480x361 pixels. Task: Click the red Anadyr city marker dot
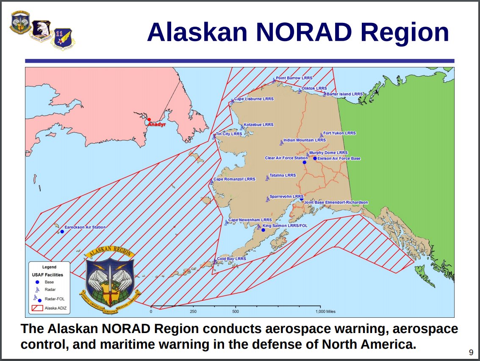[x=149, y=119]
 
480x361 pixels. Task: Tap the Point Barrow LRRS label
[x=294, y=78]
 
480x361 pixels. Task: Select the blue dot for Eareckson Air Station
[x=62, y=231]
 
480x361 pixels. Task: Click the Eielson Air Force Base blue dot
[x=315, y=158]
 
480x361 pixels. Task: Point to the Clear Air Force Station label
[x=286, y=158]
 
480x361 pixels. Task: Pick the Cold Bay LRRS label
[x=231, y=258]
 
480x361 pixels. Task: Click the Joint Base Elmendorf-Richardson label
[x=336, y=203]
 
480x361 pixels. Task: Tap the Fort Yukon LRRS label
[x=339, y=133]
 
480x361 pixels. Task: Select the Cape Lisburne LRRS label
[x=254, y=99]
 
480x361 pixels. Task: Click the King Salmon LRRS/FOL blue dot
[x=263, y=230]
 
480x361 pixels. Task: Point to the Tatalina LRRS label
[x=283, y=175]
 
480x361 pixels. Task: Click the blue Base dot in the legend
[x=37, y=282]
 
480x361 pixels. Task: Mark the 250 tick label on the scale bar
[x=193, y=311]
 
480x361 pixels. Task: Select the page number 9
[x=471, y=352]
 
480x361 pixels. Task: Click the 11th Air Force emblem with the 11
[x=62, y=38]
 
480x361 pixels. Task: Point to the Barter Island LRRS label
[x=344, y=94]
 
